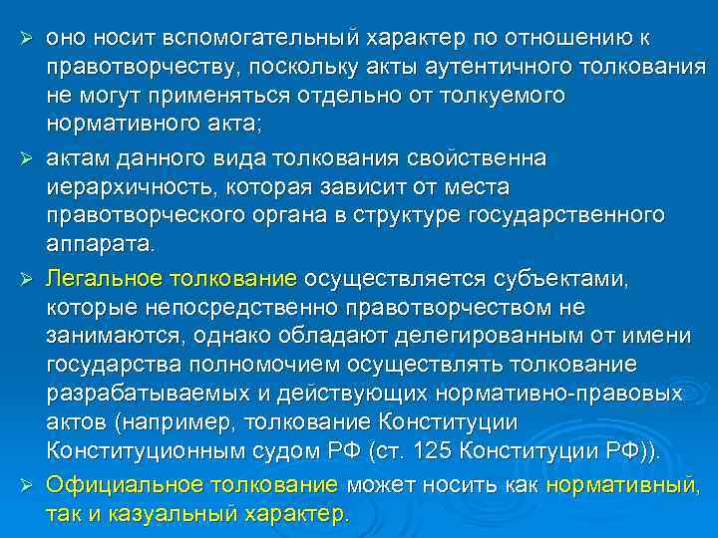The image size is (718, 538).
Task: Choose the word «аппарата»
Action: click(100, 244)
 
